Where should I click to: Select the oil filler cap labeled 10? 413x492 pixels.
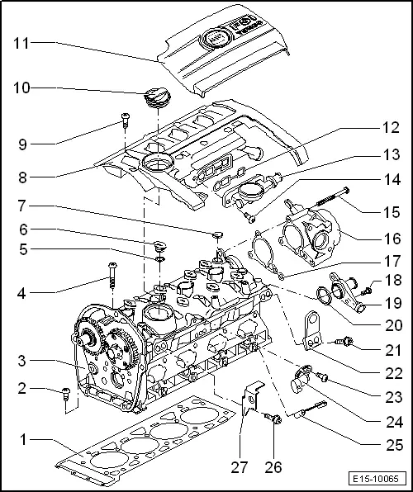tap(156, 100)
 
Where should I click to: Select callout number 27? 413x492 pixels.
tap(240, 468)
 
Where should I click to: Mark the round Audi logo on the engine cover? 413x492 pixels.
tap(217, 39)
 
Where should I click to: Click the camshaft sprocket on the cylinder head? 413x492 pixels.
tap(85, 340)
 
